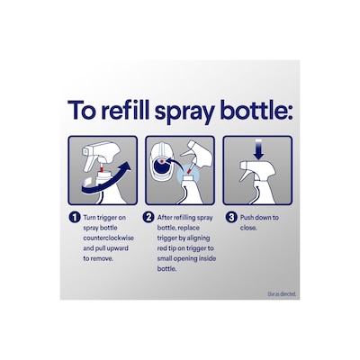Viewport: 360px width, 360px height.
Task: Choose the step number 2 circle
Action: (150, 218)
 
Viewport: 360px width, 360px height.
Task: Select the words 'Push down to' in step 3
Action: (258, 218)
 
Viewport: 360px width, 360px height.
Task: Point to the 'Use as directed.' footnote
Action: (282, 293)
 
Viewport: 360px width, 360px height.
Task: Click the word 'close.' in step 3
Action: (248, 229)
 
